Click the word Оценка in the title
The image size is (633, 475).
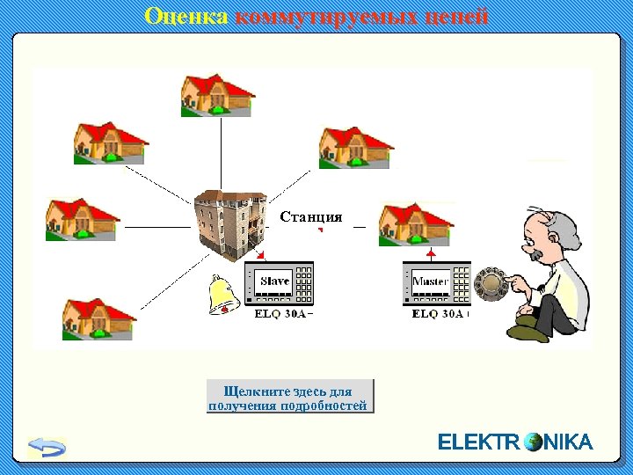click(186, 17)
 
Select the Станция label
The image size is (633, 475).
click(310, 216)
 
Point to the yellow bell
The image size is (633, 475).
click(222, 295)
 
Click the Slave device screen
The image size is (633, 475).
click(275, 281)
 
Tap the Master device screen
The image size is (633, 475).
click(430, 281)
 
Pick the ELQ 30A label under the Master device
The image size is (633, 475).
click(440, 313)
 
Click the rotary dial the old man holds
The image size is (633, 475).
click(490, 283)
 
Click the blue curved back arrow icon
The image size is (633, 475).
click(47, 446)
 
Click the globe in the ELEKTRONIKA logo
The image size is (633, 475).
click(533, 442)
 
